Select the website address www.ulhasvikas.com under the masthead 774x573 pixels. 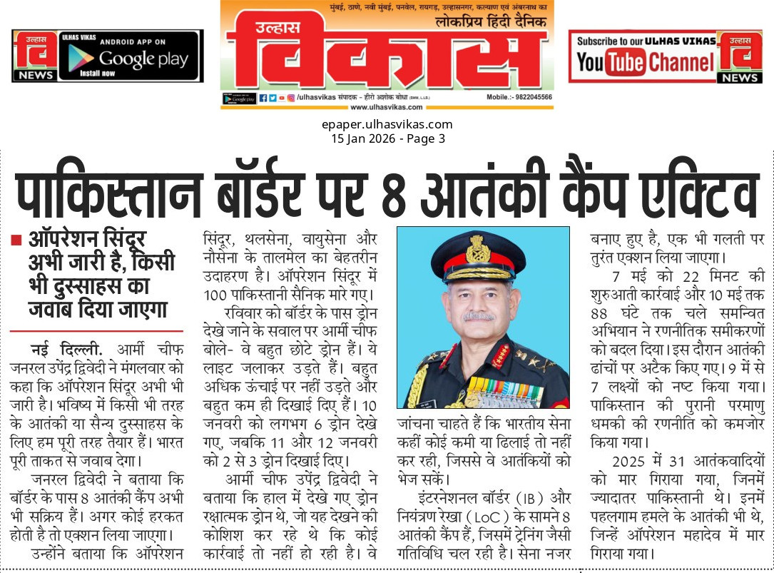[x=386, y=107]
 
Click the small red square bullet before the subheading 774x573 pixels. [x=16, y=240]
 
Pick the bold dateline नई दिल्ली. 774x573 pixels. [x=67, y=350]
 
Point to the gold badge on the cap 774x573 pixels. [x=477, y=248]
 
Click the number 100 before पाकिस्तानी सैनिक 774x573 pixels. [x=216, y=294]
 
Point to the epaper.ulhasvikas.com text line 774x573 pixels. [x=387, y=125]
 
